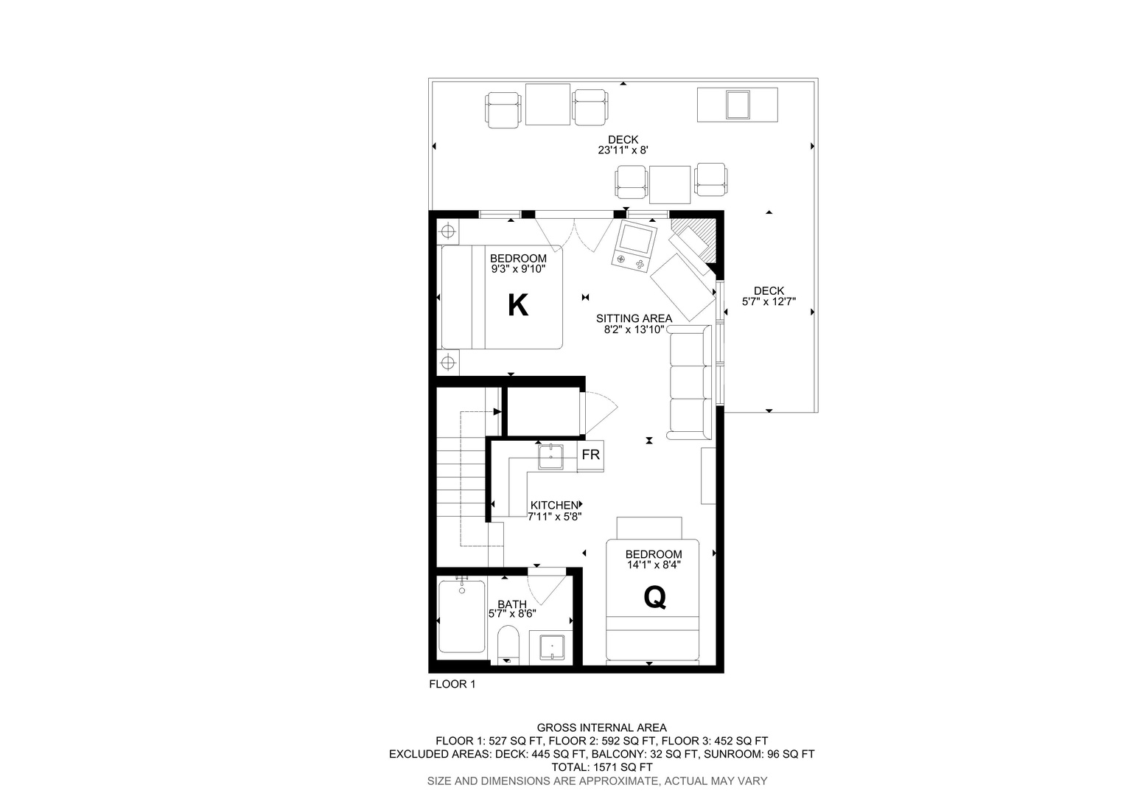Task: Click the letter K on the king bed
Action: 518,305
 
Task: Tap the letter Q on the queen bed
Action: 654,598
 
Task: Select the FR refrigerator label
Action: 591,455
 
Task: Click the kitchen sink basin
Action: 550,456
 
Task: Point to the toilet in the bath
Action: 508,645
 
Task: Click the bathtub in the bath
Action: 461,616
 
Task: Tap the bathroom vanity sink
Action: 552,647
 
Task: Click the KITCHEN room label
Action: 554,505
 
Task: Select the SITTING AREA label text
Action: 634,318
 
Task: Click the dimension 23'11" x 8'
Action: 623,150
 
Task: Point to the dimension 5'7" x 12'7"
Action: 769,301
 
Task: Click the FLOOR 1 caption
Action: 452,684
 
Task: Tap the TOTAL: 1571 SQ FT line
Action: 602,767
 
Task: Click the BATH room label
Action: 512,604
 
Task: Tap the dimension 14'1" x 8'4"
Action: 654,565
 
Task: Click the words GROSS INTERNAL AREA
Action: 602,727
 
